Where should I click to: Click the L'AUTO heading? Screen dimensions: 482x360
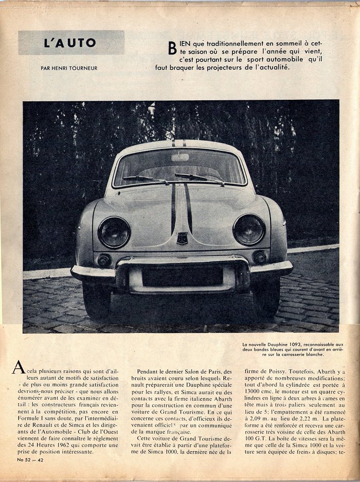(70, 43)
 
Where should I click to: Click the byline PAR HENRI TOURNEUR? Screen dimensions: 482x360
(69, 67)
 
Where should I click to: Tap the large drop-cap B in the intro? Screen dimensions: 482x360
(172, 48)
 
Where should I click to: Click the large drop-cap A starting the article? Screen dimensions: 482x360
(19, 367)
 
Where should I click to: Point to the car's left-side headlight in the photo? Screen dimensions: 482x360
(114, 232)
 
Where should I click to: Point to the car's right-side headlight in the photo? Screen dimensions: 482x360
(249, 229)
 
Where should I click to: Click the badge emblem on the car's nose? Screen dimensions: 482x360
(182, 238)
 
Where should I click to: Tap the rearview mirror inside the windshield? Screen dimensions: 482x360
(180, 157)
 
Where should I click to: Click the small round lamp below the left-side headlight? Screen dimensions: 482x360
(104, 260)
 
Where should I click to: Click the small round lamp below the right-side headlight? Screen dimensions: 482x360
(260, 257)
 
